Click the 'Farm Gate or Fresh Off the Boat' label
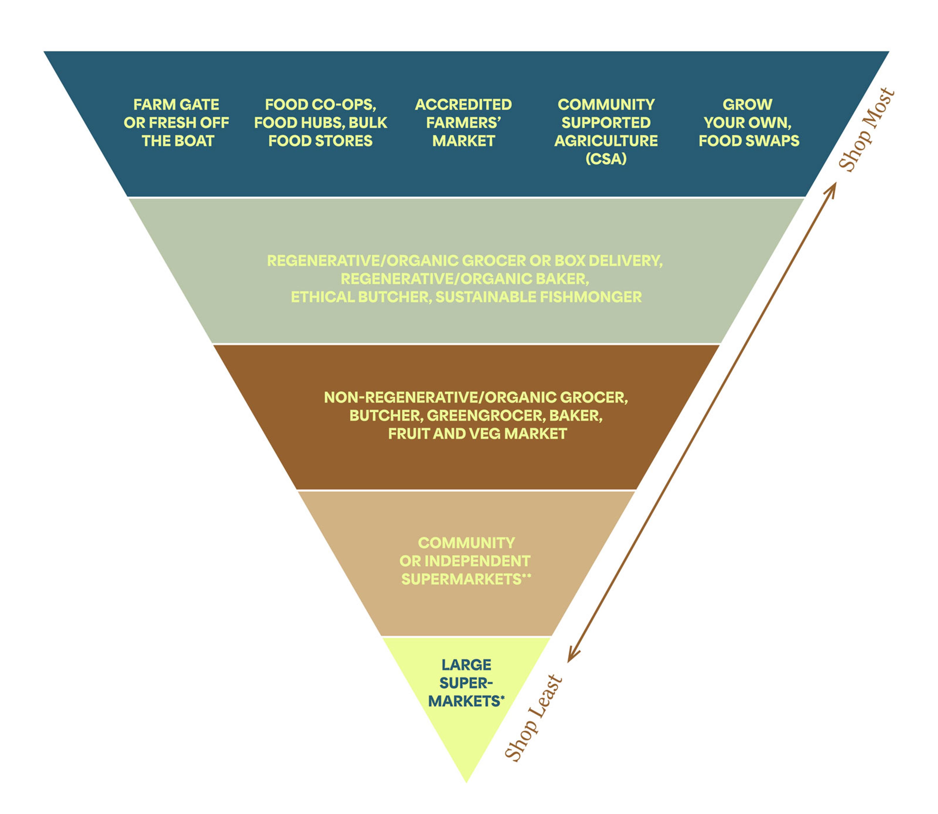point(176,123)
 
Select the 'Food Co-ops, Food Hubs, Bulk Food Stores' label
point(320,123)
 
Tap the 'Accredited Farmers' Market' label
point(463,123)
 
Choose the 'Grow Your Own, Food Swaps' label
point(748,123)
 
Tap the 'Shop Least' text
point(534,718)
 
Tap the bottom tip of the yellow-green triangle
point(466,782)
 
